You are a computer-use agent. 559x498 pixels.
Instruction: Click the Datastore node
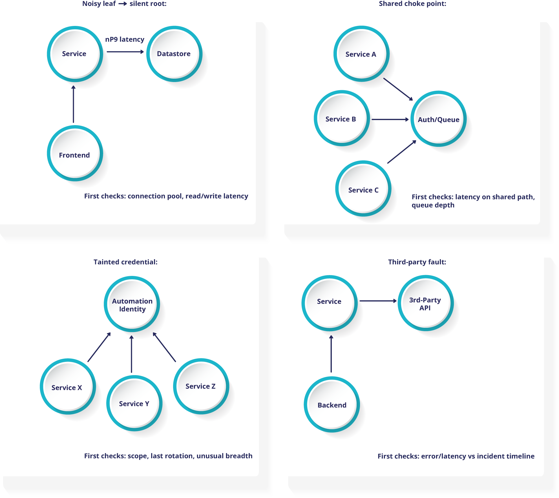click(174, 54)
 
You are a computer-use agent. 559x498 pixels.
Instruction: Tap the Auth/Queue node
click(438, 119)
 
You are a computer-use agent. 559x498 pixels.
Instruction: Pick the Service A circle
click(361, 54)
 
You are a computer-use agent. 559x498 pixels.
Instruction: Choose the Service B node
click(341, 119)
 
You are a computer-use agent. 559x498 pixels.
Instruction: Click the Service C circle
click(363, 189)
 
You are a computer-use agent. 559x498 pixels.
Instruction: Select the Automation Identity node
click(132, 304)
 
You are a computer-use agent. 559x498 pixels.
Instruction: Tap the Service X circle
click(67, 387)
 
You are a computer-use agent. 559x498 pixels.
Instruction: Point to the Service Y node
click(134, 403)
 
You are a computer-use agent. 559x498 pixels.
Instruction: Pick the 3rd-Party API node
click(425, 303)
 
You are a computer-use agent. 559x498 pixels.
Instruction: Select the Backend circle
click(332, 405)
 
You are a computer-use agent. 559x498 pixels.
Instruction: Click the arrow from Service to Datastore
click(125, 52)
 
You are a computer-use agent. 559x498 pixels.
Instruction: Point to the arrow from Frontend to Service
click(74, 104)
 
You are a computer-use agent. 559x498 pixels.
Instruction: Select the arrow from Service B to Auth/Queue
click(390, 119)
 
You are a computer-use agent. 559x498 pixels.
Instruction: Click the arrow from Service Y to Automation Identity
click(131, 354)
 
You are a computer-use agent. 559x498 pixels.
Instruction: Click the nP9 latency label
click(125, 39)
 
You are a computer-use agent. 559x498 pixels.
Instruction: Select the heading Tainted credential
click(125, 262)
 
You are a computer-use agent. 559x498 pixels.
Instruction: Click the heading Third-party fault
click(417, 262)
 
